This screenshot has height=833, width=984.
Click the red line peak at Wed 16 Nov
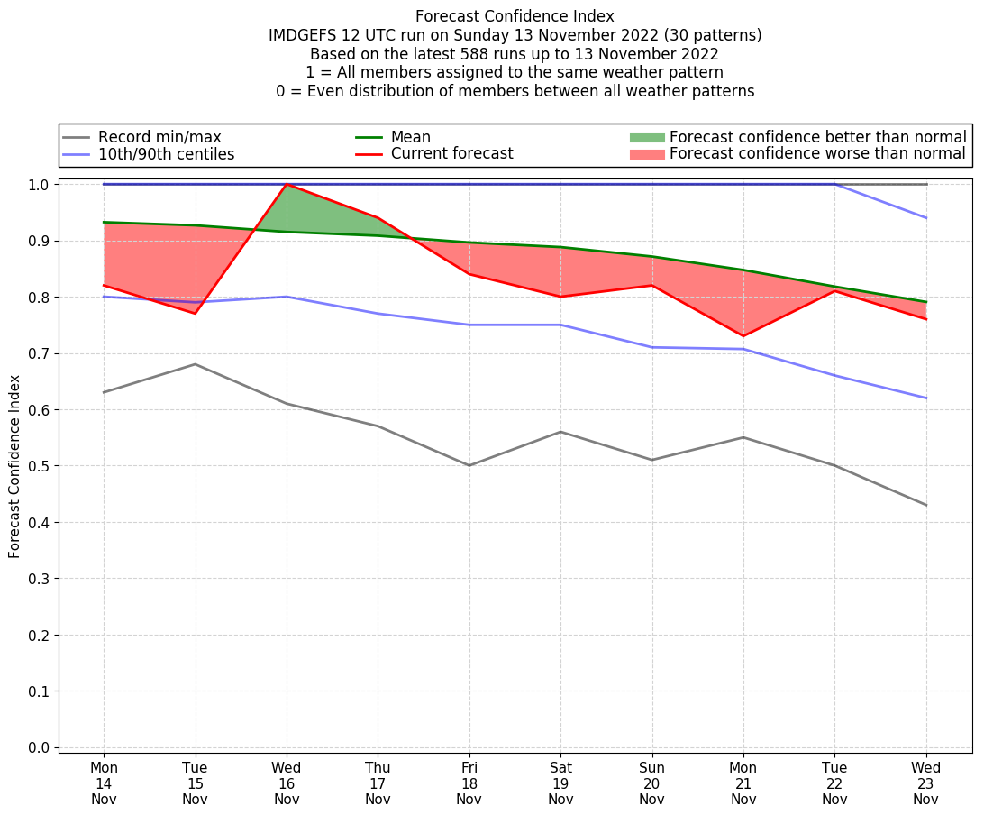pos(287,184)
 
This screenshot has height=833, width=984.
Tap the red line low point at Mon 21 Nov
pos(743,336)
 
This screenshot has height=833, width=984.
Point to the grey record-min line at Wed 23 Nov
pos(925,505)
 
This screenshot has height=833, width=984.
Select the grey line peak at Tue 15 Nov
pos(196,364)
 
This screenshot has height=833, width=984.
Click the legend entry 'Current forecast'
pos(451,154)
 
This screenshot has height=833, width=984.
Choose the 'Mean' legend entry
pos(410,137)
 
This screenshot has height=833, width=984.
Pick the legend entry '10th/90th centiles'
pos(166,154)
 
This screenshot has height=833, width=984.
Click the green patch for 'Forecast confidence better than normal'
pos(646,137)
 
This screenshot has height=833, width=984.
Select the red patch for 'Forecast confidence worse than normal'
pos(646,154)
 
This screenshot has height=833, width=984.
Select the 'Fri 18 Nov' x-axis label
pos(469,784)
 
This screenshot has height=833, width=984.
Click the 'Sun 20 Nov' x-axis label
pos(651,784)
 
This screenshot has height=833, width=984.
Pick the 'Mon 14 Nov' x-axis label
pos(104,784)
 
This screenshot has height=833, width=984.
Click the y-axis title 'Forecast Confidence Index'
pos(15,466)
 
